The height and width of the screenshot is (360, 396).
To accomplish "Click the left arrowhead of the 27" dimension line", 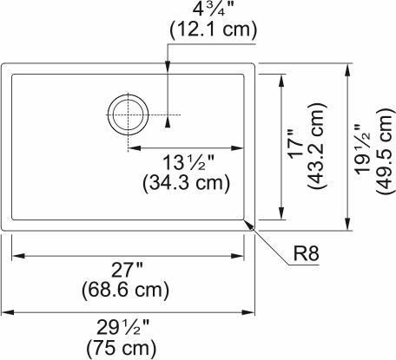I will click(16, 256).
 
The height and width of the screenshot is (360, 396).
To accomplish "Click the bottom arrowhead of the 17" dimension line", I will click(280, 215).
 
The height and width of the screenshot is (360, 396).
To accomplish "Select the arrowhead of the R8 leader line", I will click(251, 224).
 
